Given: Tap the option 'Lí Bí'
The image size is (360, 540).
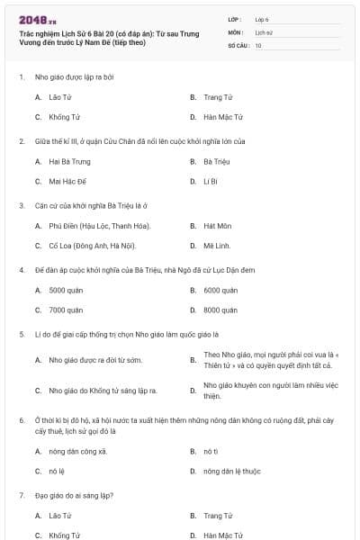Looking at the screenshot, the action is [210, 181].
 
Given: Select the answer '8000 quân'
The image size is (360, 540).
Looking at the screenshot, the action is [220, 310].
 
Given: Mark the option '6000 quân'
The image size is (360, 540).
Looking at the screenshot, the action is [220, 290].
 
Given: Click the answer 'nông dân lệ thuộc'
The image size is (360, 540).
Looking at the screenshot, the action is [231, 470].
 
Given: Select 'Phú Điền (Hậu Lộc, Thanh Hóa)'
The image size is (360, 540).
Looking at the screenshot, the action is [99, 225].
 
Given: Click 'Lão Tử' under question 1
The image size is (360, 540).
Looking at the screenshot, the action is [59, 96].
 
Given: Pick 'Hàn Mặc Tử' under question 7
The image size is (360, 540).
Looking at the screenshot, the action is [222, 535].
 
